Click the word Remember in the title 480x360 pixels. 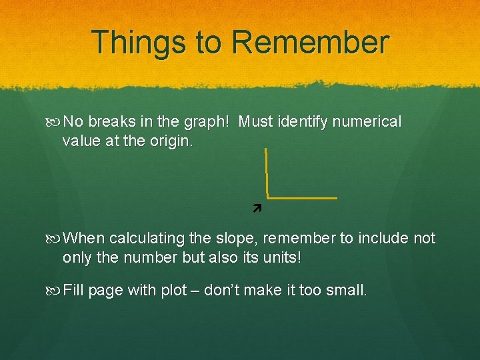310,42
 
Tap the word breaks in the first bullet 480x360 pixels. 111,122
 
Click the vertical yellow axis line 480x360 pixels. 266,172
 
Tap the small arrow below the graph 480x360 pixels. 256,209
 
